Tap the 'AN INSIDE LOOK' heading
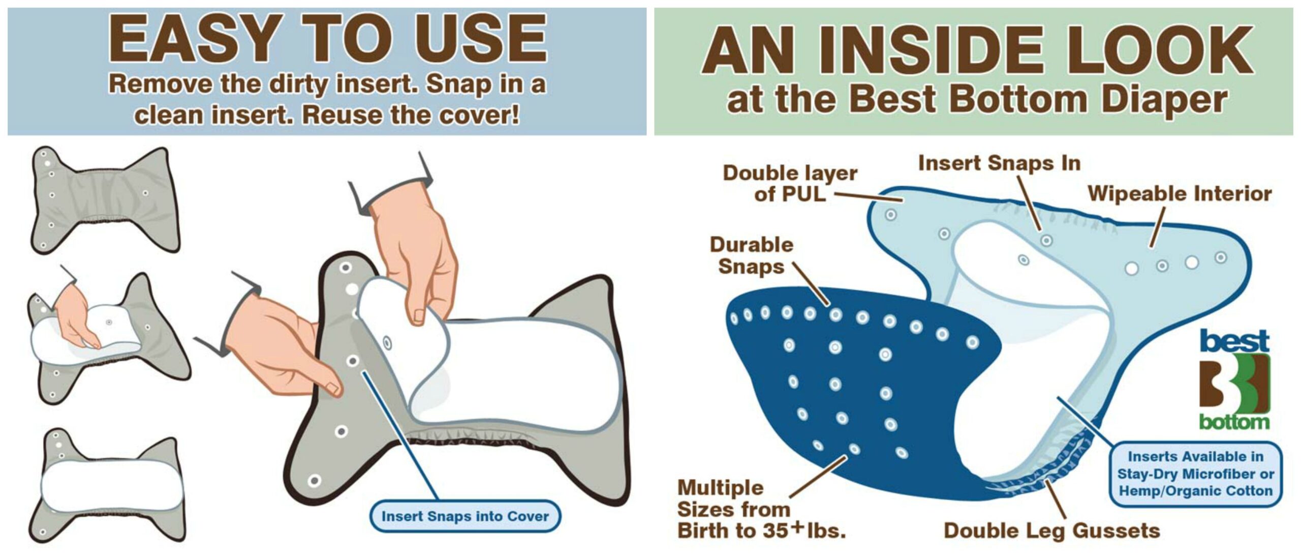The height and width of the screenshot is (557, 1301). pyautogui.click(x=977, y=50)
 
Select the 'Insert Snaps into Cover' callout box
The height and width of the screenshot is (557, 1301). pyautogui.click(x=464, y=516)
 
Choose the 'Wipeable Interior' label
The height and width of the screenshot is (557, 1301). pyautogui.click(x=1180, y=194)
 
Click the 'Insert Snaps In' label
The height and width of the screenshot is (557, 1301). pyautogui.click(x=999, y=163)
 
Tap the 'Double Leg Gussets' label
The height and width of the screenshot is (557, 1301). pyautogui.click(x=1051, y=531)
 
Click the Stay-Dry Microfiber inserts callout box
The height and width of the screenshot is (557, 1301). pyautogui.click(x=1195, y=474)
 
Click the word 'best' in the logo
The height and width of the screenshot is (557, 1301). pyautogui.click(x=1234, y=341)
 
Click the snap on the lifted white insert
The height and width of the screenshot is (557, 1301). pyautogui.click(x=388, y=342)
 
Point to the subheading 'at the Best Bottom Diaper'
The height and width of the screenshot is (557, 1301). pyautogui.click(x=977, y=99)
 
